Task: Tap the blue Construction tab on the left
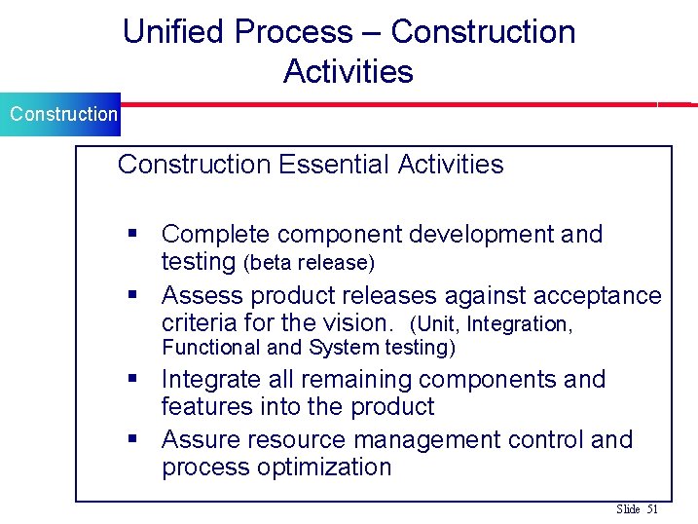[60, 114]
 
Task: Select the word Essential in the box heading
[334, 164]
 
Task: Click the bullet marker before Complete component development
[133, 235]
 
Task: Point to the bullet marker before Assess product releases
[133, 295]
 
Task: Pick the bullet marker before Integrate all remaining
[133, 380]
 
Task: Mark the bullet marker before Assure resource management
[133, 440]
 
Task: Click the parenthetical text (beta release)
[309, 263]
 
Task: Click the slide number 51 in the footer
[652, 509]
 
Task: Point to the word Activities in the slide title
[348, 71]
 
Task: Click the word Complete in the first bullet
[214, 234]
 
